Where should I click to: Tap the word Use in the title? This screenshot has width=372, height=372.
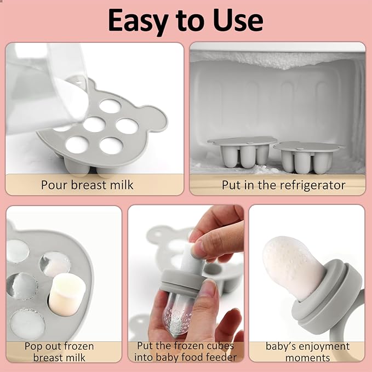237,20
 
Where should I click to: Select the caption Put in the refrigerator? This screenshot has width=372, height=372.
283,185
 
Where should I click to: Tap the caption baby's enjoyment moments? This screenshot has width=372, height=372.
307,352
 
